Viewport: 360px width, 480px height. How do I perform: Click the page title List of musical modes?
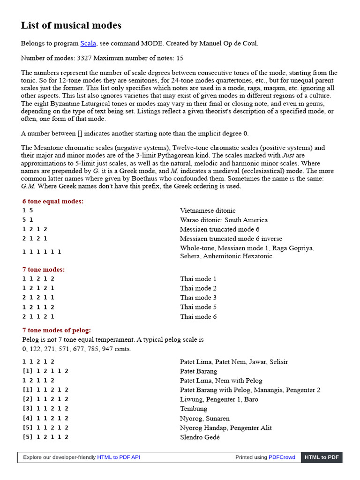[x=71, y=25]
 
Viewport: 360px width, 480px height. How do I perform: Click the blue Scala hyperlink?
[x=88, y=43]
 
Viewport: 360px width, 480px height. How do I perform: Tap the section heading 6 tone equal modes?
[x=53, y=201]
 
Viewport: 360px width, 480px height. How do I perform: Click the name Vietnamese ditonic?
[x=208, y=210]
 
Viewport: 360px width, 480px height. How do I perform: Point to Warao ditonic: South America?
[x=224, y=220]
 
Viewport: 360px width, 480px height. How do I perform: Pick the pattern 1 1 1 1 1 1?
[x=42, y=252]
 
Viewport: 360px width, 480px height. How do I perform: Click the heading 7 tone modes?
[x=44, y=270]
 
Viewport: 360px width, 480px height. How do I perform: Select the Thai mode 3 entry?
[x=198, y=298]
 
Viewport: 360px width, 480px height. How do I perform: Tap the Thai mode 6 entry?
[x=198, y=316]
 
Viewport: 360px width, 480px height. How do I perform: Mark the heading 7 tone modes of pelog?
[x=57, y=330]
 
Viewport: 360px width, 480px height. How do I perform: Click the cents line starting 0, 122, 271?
[x=77, y=349]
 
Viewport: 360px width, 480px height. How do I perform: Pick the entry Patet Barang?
[x=198, y=371]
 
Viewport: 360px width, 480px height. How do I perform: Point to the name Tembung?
[x=193, y=409]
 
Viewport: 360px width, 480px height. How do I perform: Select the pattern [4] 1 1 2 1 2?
[x=45, y=418]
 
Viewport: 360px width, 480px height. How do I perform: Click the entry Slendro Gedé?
[x=200, y=437]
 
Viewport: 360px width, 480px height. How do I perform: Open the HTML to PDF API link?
[x=119, y=457]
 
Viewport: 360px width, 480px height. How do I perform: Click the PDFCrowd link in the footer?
[x=282, y=457]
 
